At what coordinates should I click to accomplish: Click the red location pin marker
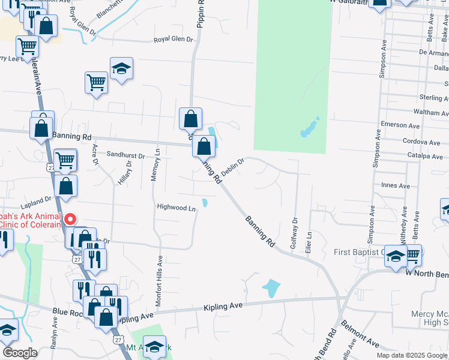coord(70,220)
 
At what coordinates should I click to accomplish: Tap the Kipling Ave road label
coord(224,306)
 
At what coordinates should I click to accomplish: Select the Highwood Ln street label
coord(176,208)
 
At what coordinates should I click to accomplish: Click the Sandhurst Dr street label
coord(126,155)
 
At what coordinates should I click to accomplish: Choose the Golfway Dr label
coord(294,233)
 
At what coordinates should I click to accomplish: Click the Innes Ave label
coord(396,186)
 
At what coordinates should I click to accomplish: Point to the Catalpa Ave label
coord(423,156)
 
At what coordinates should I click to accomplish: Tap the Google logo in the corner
coord(20,353)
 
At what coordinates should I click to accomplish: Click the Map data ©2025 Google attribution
coord(412,355)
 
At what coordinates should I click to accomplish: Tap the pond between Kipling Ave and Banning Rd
coord(271,289)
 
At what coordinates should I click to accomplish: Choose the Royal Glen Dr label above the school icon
coord(173,40)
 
